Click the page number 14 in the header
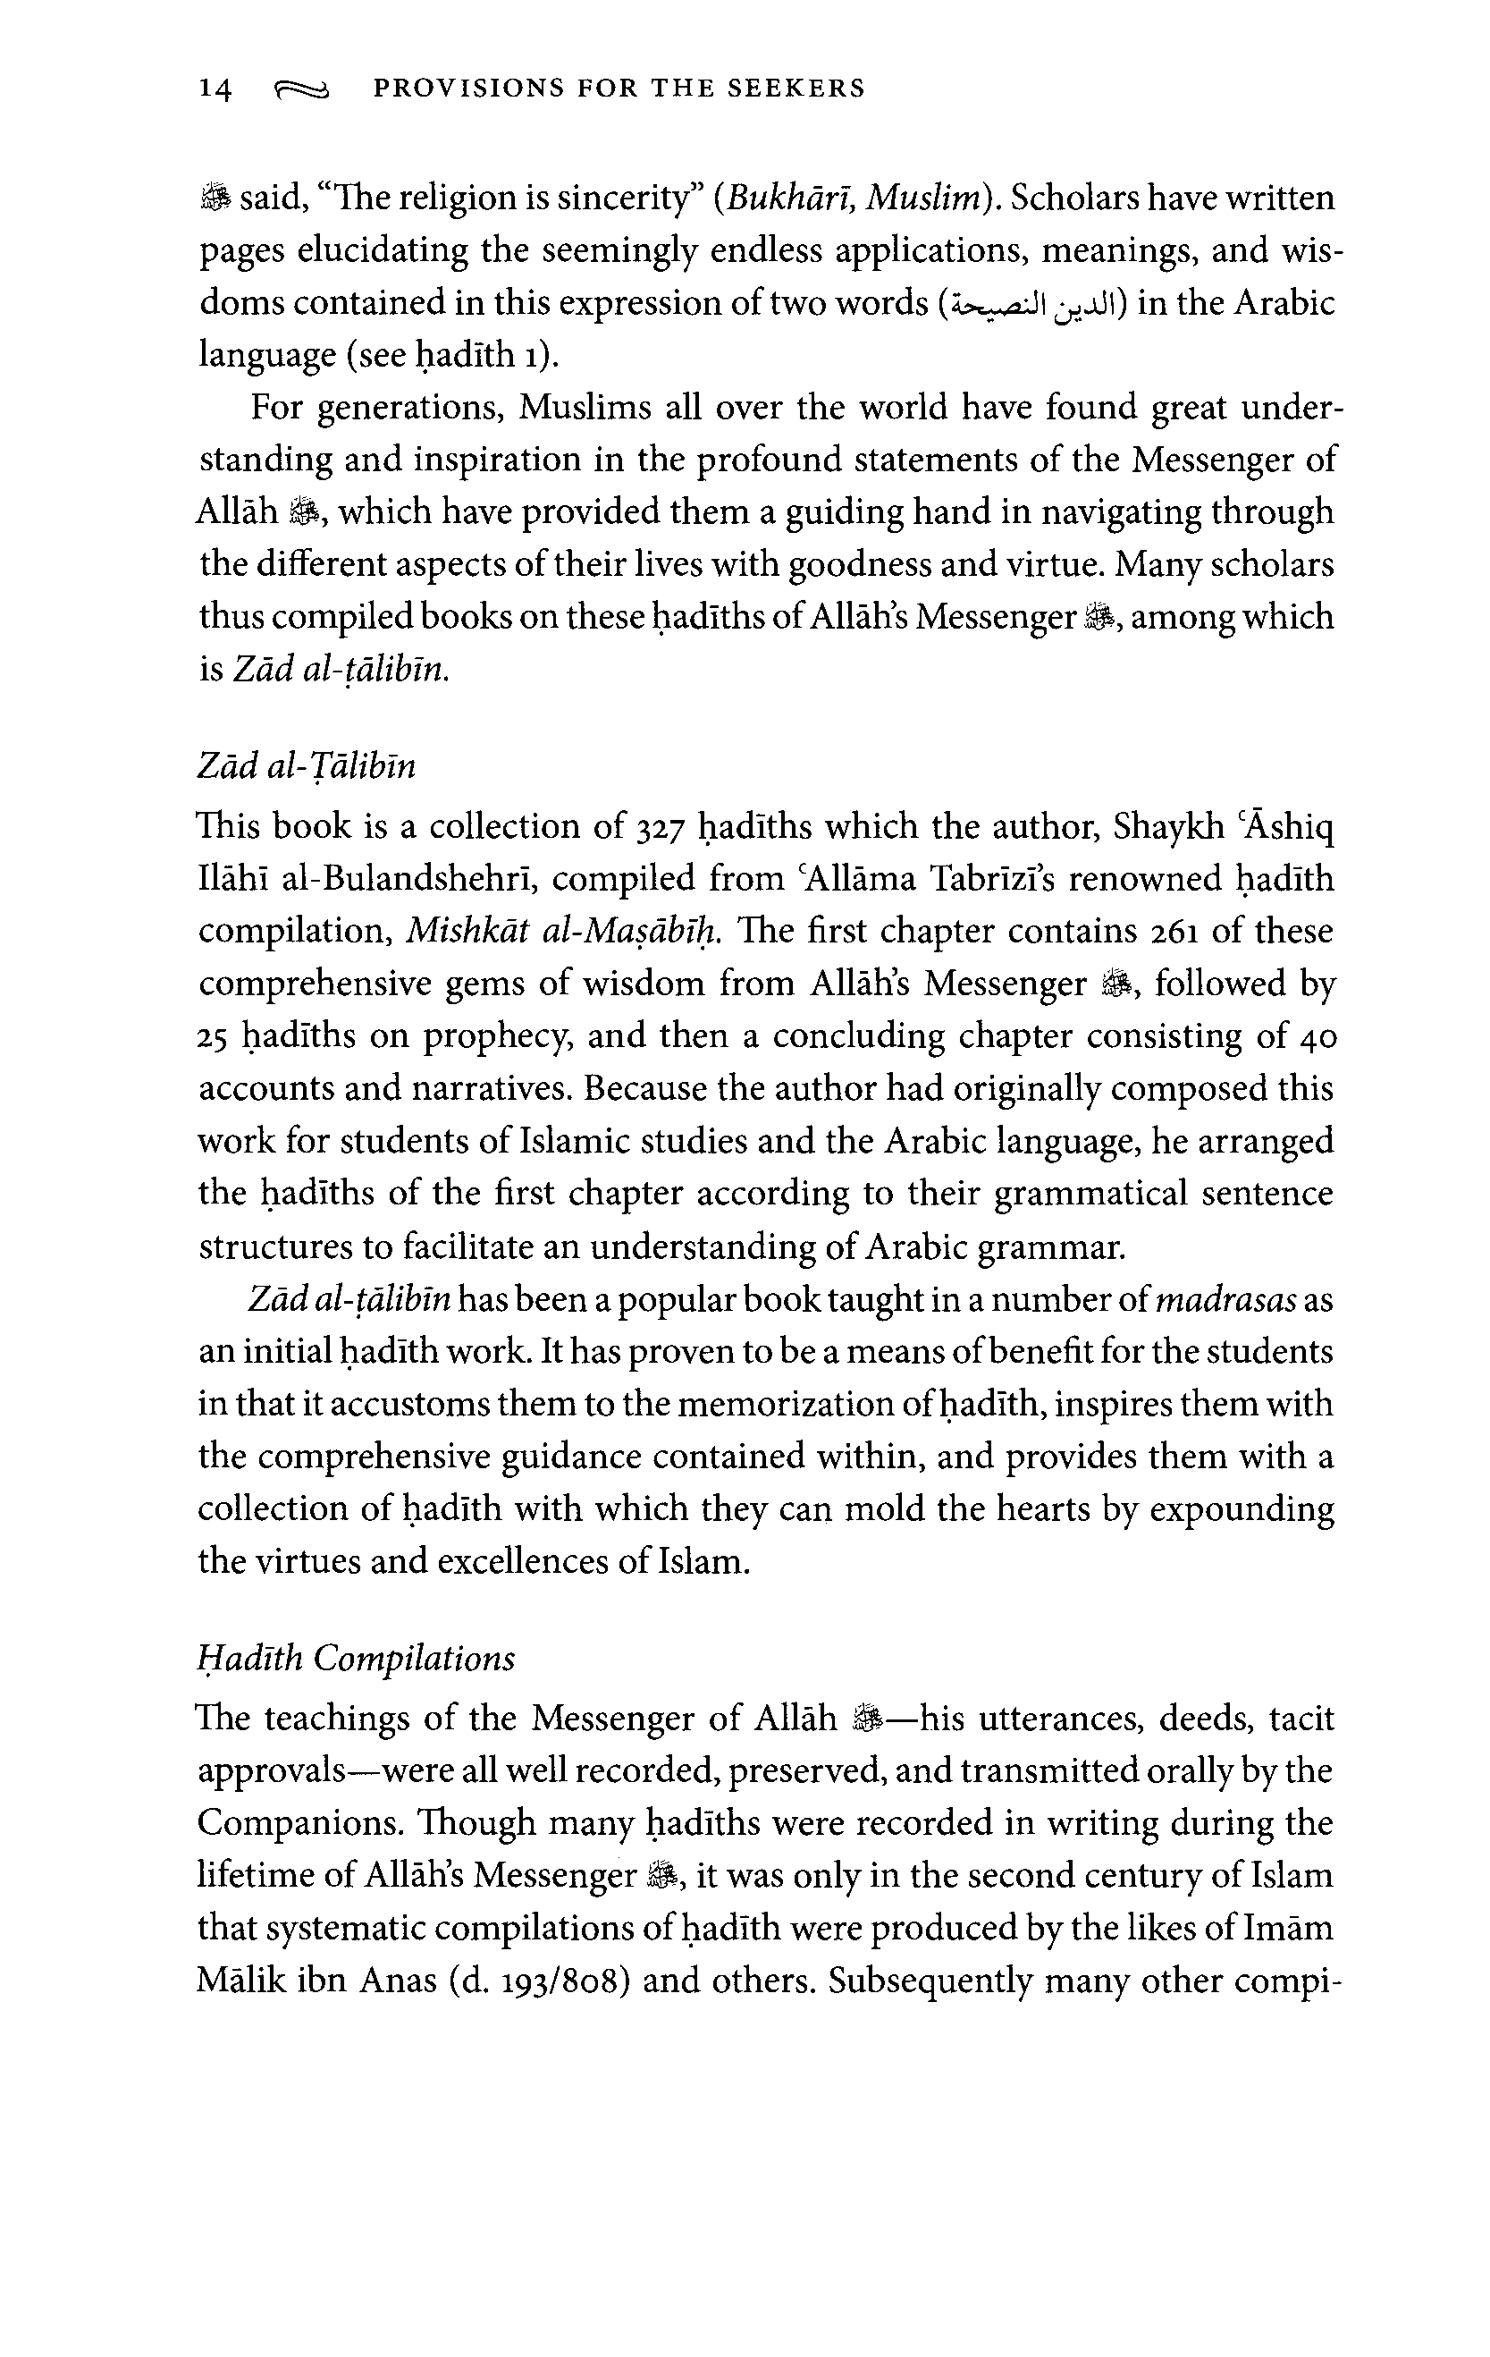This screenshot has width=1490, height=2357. (x=215, y=89)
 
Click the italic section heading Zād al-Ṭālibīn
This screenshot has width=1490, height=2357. (x=307, y=765)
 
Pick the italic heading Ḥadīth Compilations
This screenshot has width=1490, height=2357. (x=356, y=1658)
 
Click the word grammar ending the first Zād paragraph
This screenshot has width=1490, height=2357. (x=1059, y=1247)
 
